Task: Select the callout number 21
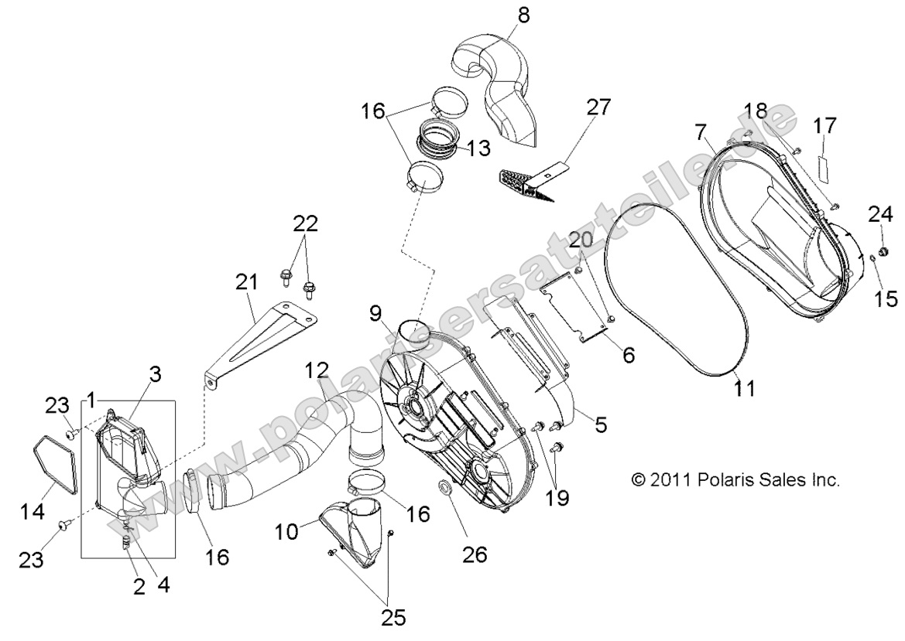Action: [246, 284]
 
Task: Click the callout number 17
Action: [825, 124]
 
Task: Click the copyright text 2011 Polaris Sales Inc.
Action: [735, 480]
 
